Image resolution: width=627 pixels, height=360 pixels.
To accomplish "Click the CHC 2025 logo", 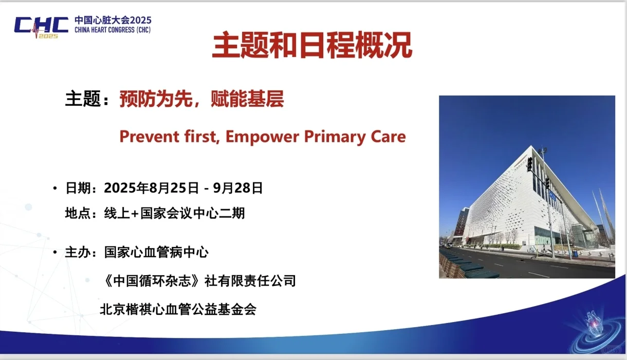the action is coord(42,27).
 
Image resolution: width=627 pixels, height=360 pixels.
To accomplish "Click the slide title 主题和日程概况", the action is coord(312,45).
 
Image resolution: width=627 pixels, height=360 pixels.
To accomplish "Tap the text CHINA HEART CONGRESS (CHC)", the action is coord(113,30).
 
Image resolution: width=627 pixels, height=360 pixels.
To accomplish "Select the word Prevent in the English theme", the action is coord(149,137).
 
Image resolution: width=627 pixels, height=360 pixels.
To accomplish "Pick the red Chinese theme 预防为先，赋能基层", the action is coord(201,99).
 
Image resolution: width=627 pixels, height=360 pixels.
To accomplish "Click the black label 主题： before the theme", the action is coord(87,99).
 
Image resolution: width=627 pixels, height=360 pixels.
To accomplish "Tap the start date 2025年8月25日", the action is coord(152,187).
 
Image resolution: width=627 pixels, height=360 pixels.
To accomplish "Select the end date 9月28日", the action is coord(238,187).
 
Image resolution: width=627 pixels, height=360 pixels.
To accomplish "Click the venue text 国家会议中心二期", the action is coord(193,213).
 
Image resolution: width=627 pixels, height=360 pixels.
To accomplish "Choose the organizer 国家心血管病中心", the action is coord(156,252).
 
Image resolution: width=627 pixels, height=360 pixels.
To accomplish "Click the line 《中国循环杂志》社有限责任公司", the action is coord(199,281).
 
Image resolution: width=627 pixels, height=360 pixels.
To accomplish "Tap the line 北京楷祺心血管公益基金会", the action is coord(178,309).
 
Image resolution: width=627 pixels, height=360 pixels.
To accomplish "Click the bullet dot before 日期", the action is coord(55,188).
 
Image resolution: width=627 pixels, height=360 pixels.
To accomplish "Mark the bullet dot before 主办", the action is coord(55,252).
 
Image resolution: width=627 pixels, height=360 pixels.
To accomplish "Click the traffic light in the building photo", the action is coord(529,164).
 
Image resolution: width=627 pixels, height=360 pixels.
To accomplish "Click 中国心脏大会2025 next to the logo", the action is coord(113,20).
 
